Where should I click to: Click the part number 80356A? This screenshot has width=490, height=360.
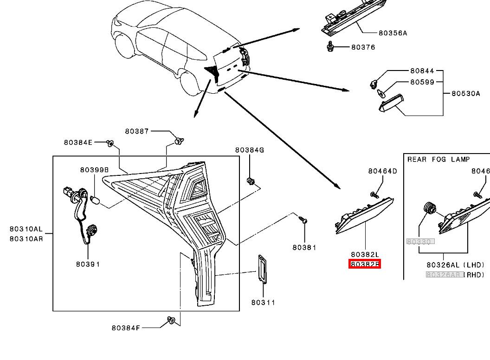393,33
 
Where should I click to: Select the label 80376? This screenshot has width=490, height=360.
363,47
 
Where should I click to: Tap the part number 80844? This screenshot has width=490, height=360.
422,71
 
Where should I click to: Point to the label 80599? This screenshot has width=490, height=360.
422,82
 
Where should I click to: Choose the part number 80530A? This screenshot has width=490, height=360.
466,93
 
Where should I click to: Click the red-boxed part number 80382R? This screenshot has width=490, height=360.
365,264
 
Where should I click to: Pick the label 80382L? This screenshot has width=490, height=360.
365,254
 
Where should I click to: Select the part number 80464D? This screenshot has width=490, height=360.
383,171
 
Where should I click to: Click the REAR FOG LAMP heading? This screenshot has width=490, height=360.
438,159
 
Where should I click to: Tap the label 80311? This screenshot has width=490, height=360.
263,302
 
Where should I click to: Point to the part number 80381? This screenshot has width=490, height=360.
304,247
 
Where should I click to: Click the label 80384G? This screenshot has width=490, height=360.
249,150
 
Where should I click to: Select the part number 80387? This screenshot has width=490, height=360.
137,131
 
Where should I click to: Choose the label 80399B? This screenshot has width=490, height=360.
94,170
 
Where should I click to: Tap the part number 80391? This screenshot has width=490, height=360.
88,264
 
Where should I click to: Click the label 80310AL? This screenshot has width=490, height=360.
26,229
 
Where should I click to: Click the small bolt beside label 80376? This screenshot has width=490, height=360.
330,46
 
